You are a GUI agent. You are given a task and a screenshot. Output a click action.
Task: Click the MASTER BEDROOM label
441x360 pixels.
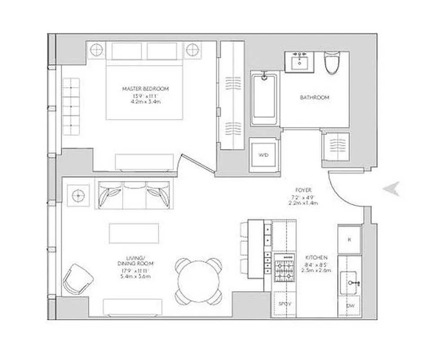coord(145,89)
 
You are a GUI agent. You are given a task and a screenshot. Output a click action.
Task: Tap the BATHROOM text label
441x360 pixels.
coord(315,97)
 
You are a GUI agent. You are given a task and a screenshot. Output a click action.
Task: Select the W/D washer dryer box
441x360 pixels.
coord(263,155)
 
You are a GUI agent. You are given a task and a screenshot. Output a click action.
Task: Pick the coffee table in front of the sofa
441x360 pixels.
coord(134,234)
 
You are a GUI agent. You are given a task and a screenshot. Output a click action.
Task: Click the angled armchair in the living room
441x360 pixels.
coord(77,279)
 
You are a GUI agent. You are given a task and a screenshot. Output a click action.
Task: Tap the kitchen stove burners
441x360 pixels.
coord(284,268)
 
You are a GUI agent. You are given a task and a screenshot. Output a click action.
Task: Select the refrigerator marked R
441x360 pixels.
coord(350,239)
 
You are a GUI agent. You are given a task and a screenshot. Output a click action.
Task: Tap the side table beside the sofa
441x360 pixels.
coord(78,195)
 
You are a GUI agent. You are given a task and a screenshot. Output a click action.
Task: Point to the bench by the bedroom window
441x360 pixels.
coord(71,107)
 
